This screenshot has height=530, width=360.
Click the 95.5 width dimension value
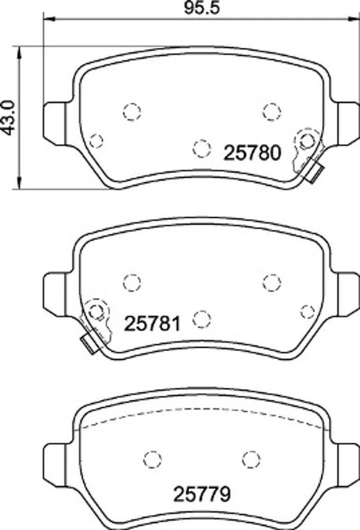point(202,8)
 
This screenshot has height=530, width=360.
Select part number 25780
point(252,153)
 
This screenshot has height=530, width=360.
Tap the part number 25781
point(153,324)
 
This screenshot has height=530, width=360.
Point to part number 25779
point(202,494)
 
